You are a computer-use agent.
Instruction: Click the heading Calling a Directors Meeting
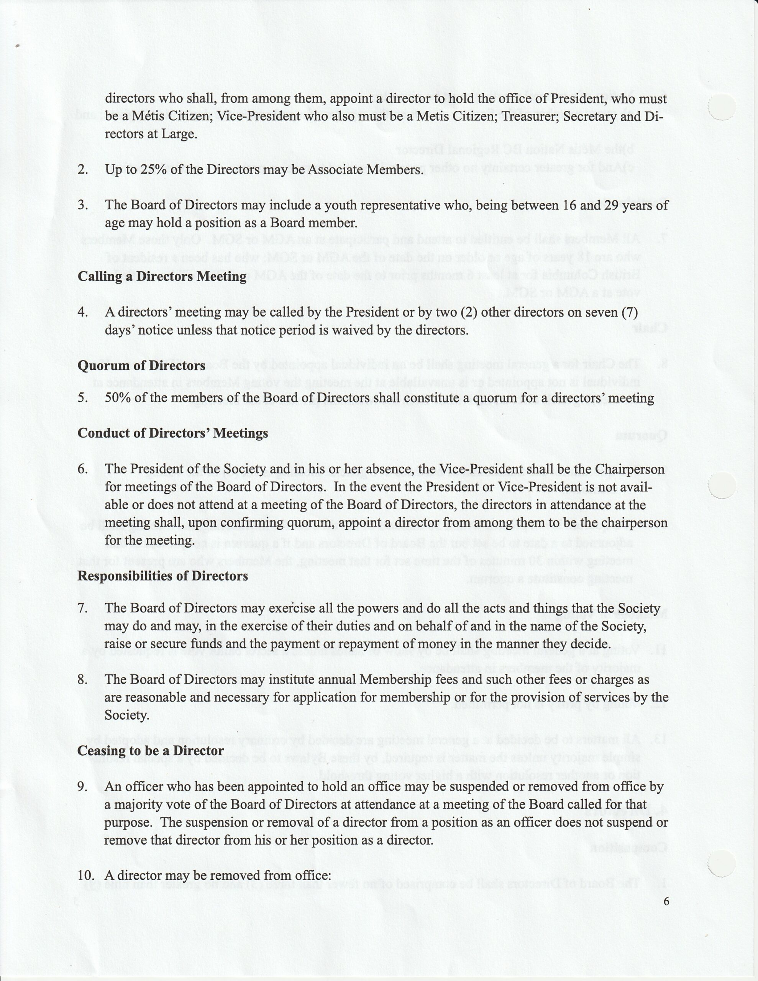pos(162,276)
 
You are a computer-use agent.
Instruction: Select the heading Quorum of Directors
pos(141,366)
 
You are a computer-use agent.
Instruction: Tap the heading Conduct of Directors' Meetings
pos(172,433)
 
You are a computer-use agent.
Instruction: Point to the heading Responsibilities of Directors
pos(162,576)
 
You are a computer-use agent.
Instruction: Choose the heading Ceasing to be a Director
pos(151,751)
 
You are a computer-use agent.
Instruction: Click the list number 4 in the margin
pos(82,312)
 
